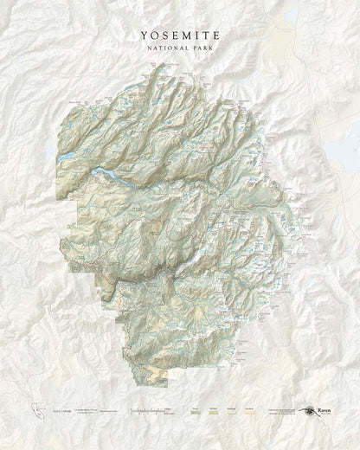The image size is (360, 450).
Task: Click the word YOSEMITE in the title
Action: [180, 35]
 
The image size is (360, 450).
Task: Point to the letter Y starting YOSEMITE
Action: [142, 35]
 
